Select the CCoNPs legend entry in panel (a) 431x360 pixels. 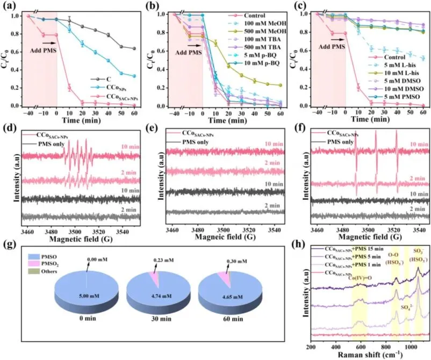(111, 87)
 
